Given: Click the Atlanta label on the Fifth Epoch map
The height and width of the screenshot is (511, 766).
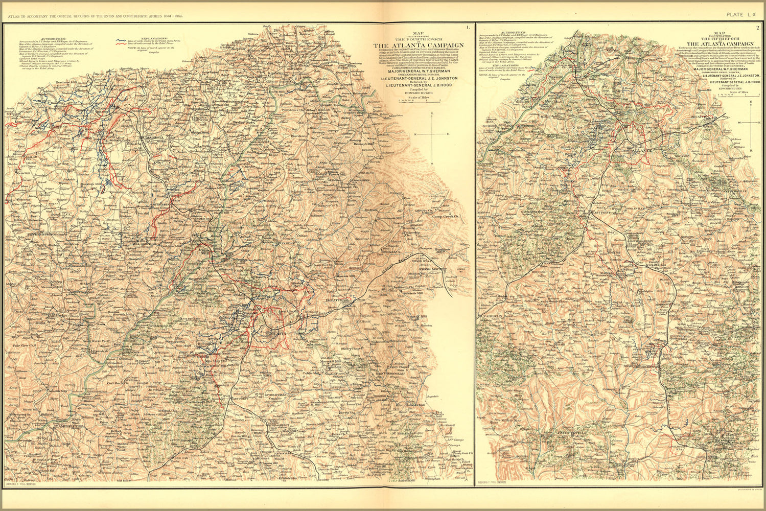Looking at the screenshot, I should coord(639,151).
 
